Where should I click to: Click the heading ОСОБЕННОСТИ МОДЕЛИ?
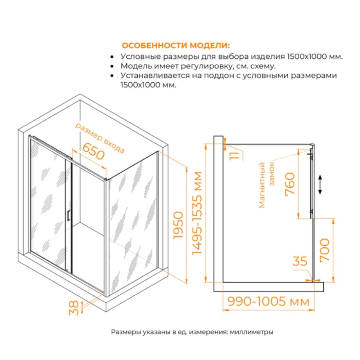(x=176, y=46)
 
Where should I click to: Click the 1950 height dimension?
(x=178, y=225)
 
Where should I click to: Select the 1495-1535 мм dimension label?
(x=197, y=213)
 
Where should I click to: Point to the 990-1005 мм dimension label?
(x=268, y=301)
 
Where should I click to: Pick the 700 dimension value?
(x=324, y=250)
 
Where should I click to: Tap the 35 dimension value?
(x=300, y=261)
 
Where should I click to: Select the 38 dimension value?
(x=74, y=308)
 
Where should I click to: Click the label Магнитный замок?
(x=266, y=185)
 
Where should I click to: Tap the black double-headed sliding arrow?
(x=320, y=184)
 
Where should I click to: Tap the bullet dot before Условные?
(x=112, y=56)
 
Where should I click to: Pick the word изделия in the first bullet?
(x=268, y=57)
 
